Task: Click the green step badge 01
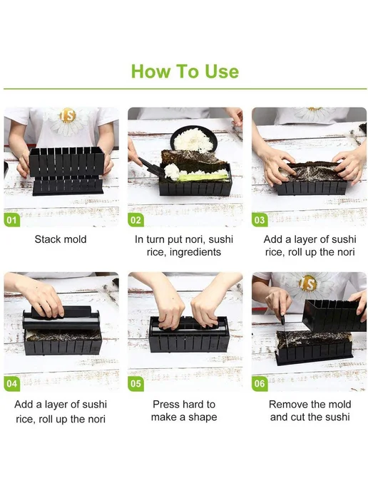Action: pyautogui.click(x=12, y=220)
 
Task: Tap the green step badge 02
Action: pyautogui.click(x=136, y=220)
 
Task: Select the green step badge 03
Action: pyautogui.click(x=260, y=220)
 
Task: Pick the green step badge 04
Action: pyautogui.click(x=12, y=384)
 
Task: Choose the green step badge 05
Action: pyautogui.click(x=136, y=384)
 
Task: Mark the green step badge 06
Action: pyautogui.click(x=260, y=384)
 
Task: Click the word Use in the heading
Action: pyautogui.click(x=222, y=71)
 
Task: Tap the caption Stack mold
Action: pyautogui.click(x=61, y=239)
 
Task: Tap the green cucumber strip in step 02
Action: pyautogui.click(x=203, y=177)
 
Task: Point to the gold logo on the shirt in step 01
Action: pyautogui.click(x=68, y=115)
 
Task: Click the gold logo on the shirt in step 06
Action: pyautogui.click(x=307, y=284)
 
